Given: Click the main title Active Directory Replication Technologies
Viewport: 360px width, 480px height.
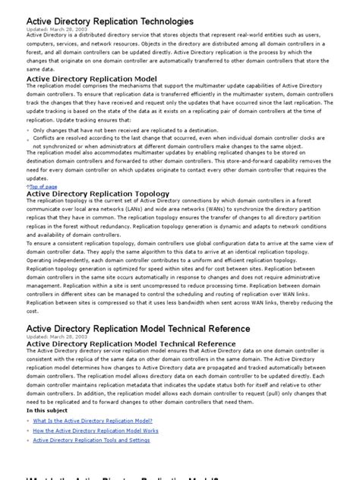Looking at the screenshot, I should (x=109, y=21).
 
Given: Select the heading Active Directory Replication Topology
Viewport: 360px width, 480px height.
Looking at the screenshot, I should (x=98, y=194).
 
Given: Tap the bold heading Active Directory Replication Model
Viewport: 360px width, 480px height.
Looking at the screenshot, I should (x=91, y=78).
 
